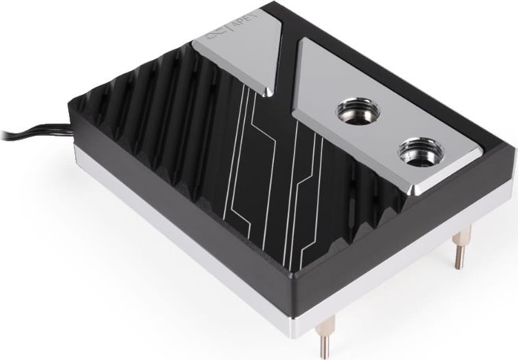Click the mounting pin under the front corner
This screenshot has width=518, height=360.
[x=323, y=339]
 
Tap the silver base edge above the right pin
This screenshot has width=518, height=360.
[x=448, y=228]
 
